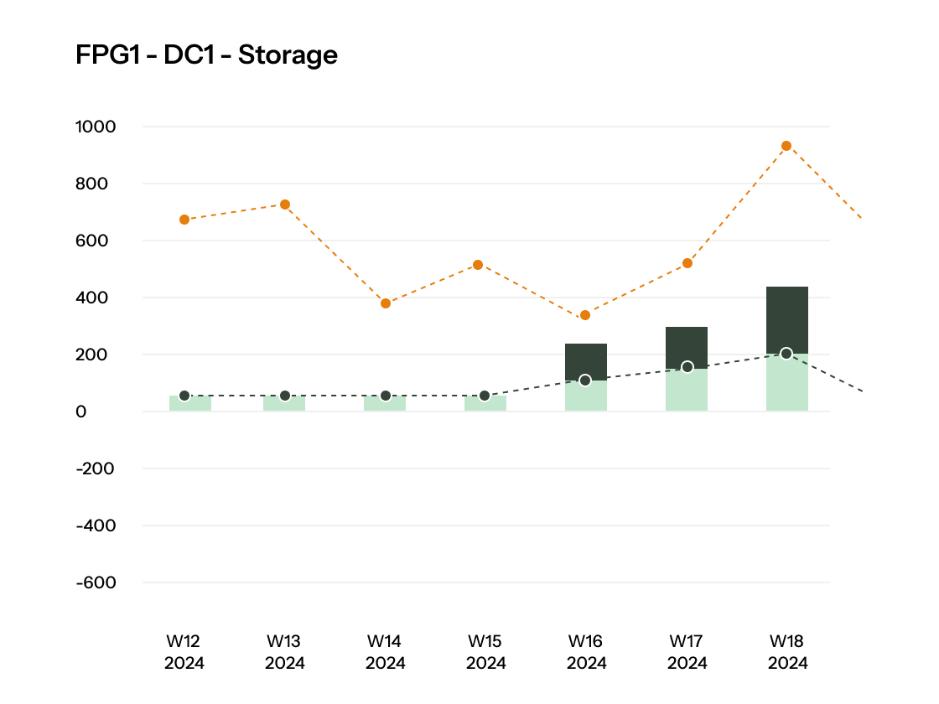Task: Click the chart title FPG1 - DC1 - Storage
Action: pyautogui.click(x=206, y=55)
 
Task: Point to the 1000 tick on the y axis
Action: pyautogui.click(x=96, y=127)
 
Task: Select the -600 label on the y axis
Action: pyautogui.click(x=96, y=582)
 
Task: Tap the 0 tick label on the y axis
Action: pyautogui.click(x=81, y=412)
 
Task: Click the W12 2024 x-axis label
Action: pyautogui.click(x=184, y=652)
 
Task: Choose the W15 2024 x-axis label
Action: pyautogui.click(x=485, y=652)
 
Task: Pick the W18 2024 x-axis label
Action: pyautogui.click(x=787, y=652)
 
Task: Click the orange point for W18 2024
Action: pyautogui.click(x=786, y=146)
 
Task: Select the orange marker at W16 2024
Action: pyautogui.click(x=585, y=315)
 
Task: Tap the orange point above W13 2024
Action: pyautogui.click(x=285, y=204)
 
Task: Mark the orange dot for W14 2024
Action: pyautogui.click(x=386, y=303)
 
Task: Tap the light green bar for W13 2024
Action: pyautogui.click(x=285, y=404)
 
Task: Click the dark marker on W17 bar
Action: pyautogui.click(x=687, y=367)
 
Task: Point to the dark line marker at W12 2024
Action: pyautogui.click(x=184, y=396)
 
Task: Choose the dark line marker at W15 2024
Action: pyautogui.click(x=485, y=396)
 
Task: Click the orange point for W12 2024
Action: pyautogui.click(x=184, y=220)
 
